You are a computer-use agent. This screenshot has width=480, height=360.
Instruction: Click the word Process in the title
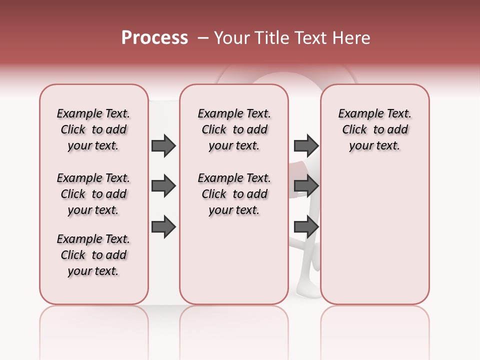click(x=154, y=38)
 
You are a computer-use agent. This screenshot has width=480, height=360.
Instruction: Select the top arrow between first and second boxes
click(x=163, y=146)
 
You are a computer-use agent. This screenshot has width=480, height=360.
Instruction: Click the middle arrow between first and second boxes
click(x=163, y=186)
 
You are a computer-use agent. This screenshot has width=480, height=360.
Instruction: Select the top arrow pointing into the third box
click(x=306, y=146)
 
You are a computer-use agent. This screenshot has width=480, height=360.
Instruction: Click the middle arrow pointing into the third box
click(x=306, y=186)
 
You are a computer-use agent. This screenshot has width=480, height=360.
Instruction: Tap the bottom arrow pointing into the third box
click(x=306, y=227)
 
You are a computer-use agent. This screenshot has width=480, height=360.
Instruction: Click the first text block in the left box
click(x=93, y=129)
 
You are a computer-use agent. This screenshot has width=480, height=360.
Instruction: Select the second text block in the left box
click(x=93, y=194)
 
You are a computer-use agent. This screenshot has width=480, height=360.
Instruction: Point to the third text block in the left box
click(x=93, y=255)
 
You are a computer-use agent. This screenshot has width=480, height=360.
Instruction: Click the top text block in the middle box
click(x=234, y=129)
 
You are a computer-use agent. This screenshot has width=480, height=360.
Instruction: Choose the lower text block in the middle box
click(x=234, y=194)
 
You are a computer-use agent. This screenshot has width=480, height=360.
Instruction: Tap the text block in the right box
click(x=374, y=129)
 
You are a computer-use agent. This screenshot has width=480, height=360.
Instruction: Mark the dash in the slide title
click(x=203, y=38)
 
